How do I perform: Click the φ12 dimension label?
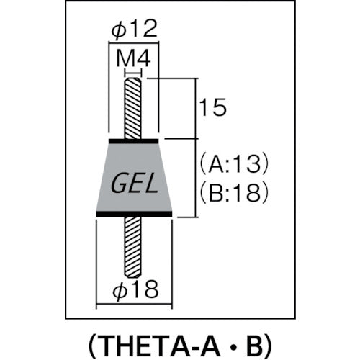[x=133, y=31]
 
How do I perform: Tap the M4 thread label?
[x=133, y=60]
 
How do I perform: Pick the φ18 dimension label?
[x=134, y=292]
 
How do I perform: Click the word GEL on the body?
[x=134, y=185]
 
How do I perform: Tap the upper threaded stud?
[x=133, y=108]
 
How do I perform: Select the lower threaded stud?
[x=134, y=245]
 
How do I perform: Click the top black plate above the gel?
[x=133, y=141]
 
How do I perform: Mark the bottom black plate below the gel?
[x=134, y=214]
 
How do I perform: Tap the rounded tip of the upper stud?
[x=133, y=81]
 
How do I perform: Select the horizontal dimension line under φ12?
[x=133, y=45]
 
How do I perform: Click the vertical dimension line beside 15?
[x=196, y=108]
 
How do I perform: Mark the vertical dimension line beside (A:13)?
[x=196, y=177]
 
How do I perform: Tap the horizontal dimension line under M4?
[x=133, y=71]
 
